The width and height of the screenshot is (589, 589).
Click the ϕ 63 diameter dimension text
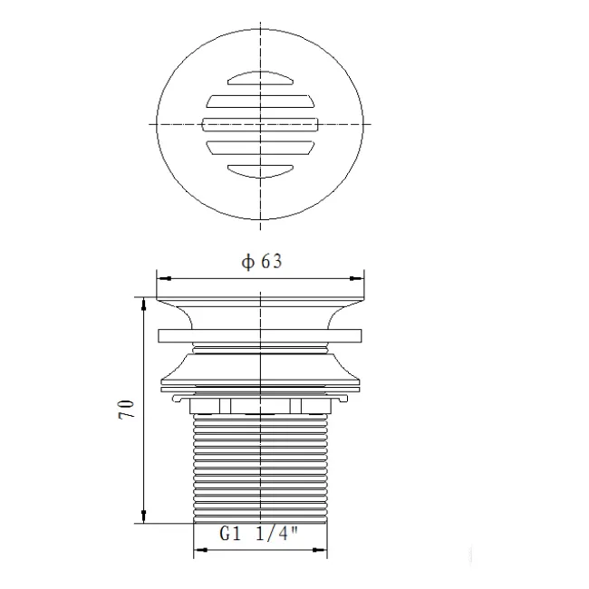click(261, 262)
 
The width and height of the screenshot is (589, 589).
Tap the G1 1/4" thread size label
click(260, 535)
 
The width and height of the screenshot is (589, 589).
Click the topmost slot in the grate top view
click(260, 78)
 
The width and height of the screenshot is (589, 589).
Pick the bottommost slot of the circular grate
click(260, 168)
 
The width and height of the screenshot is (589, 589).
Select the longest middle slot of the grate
click(260, 123)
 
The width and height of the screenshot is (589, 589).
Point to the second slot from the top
click(260, 100)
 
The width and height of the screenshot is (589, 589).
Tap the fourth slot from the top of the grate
click(260, 146)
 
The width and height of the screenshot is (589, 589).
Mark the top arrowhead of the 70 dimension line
click(142, 301)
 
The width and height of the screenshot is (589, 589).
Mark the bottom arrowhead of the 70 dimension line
click(142, 517)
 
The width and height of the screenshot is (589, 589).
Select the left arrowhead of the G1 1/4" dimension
click(198, 549)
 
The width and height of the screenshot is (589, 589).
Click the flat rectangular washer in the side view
click(260, 335)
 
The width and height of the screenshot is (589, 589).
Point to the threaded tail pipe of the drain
click(260, 467)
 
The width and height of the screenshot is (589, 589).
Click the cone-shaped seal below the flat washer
click(260, 367)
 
